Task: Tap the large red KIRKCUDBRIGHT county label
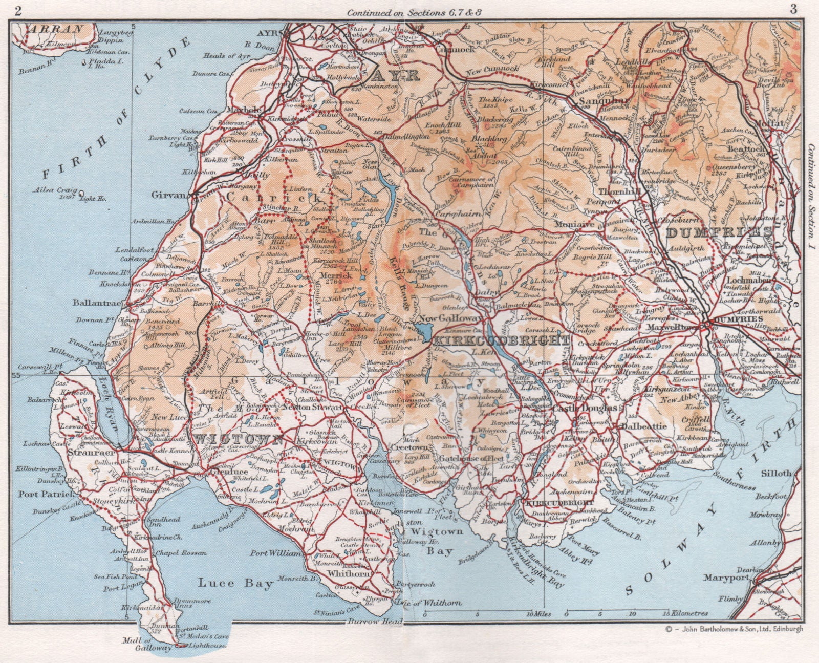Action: click(501, 341)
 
